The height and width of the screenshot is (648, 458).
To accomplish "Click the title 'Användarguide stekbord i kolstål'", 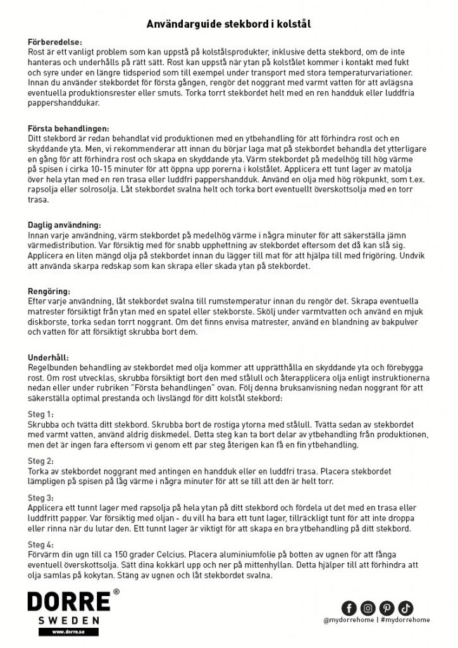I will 228,23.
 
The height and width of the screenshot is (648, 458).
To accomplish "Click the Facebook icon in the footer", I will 349,608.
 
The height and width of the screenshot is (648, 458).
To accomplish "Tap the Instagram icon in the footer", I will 368,608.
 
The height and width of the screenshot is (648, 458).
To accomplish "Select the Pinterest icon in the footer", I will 387,608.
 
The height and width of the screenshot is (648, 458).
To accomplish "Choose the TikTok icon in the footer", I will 406,608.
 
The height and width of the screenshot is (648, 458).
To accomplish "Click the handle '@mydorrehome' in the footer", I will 348,622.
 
